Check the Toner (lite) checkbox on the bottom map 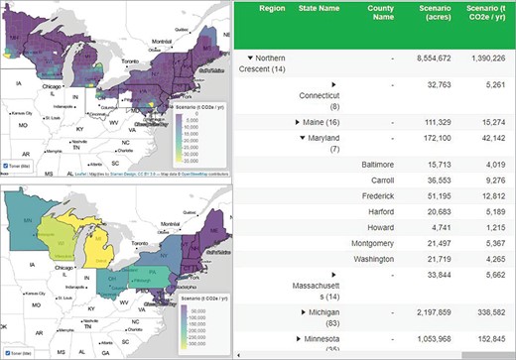[x=9, y=352]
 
